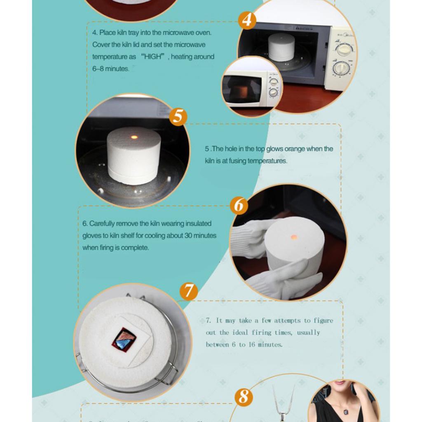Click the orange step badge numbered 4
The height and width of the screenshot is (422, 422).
(246, 19)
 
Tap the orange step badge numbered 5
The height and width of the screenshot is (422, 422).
(178, 116)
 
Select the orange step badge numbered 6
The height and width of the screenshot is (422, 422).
(239, 205)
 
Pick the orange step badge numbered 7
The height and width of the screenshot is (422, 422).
(188, 291)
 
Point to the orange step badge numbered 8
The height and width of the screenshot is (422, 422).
(244, 396)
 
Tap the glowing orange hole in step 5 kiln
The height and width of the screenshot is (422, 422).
(134, 136)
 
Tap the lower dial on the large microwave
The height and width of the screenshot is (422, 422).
(342, 68)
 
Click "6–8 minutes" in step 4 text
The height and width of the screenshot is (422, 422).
(110, 69)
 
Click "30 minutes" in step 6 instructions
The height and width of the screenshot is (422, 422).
(199, 236)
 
